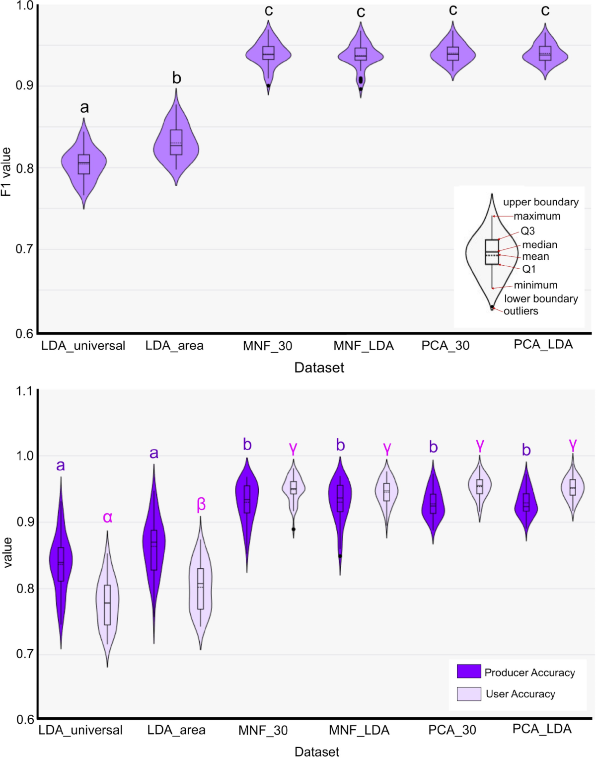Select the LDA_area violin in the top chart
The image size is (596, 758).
point(176,144)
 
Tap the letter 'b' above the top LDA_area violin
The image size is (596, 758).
point(176,78)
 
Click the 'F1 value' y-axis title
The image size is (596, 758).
point(6,171)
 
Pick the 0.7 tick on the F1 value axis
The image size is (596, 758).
point(24,249)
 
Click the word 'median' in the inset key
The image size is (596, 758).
point(539,244)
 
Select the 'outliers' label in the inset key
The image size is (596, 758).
point(521,311)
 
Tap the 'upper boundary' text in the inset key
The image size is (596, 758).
point(540,202)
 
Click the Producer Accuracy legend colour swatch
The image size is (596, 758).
point(469,672)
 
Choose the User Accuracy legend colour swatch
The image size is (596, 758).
point(469,693)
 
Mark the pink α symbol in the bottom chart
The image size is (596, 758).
point(107,517)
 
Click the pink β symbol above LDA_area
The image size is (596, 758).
point(201,504)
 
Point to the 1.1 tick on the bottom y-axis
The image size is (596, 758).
point(24,391)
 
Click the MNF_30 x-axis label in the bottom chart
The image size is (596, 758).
point(263,730)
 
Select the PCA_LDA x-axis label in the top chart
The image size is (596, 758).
point(543,344)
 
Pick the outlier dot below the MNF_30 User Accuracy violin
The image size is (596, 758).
point(294,529)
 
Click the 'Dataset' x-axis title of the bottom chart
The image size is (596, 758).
point(317,751)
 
